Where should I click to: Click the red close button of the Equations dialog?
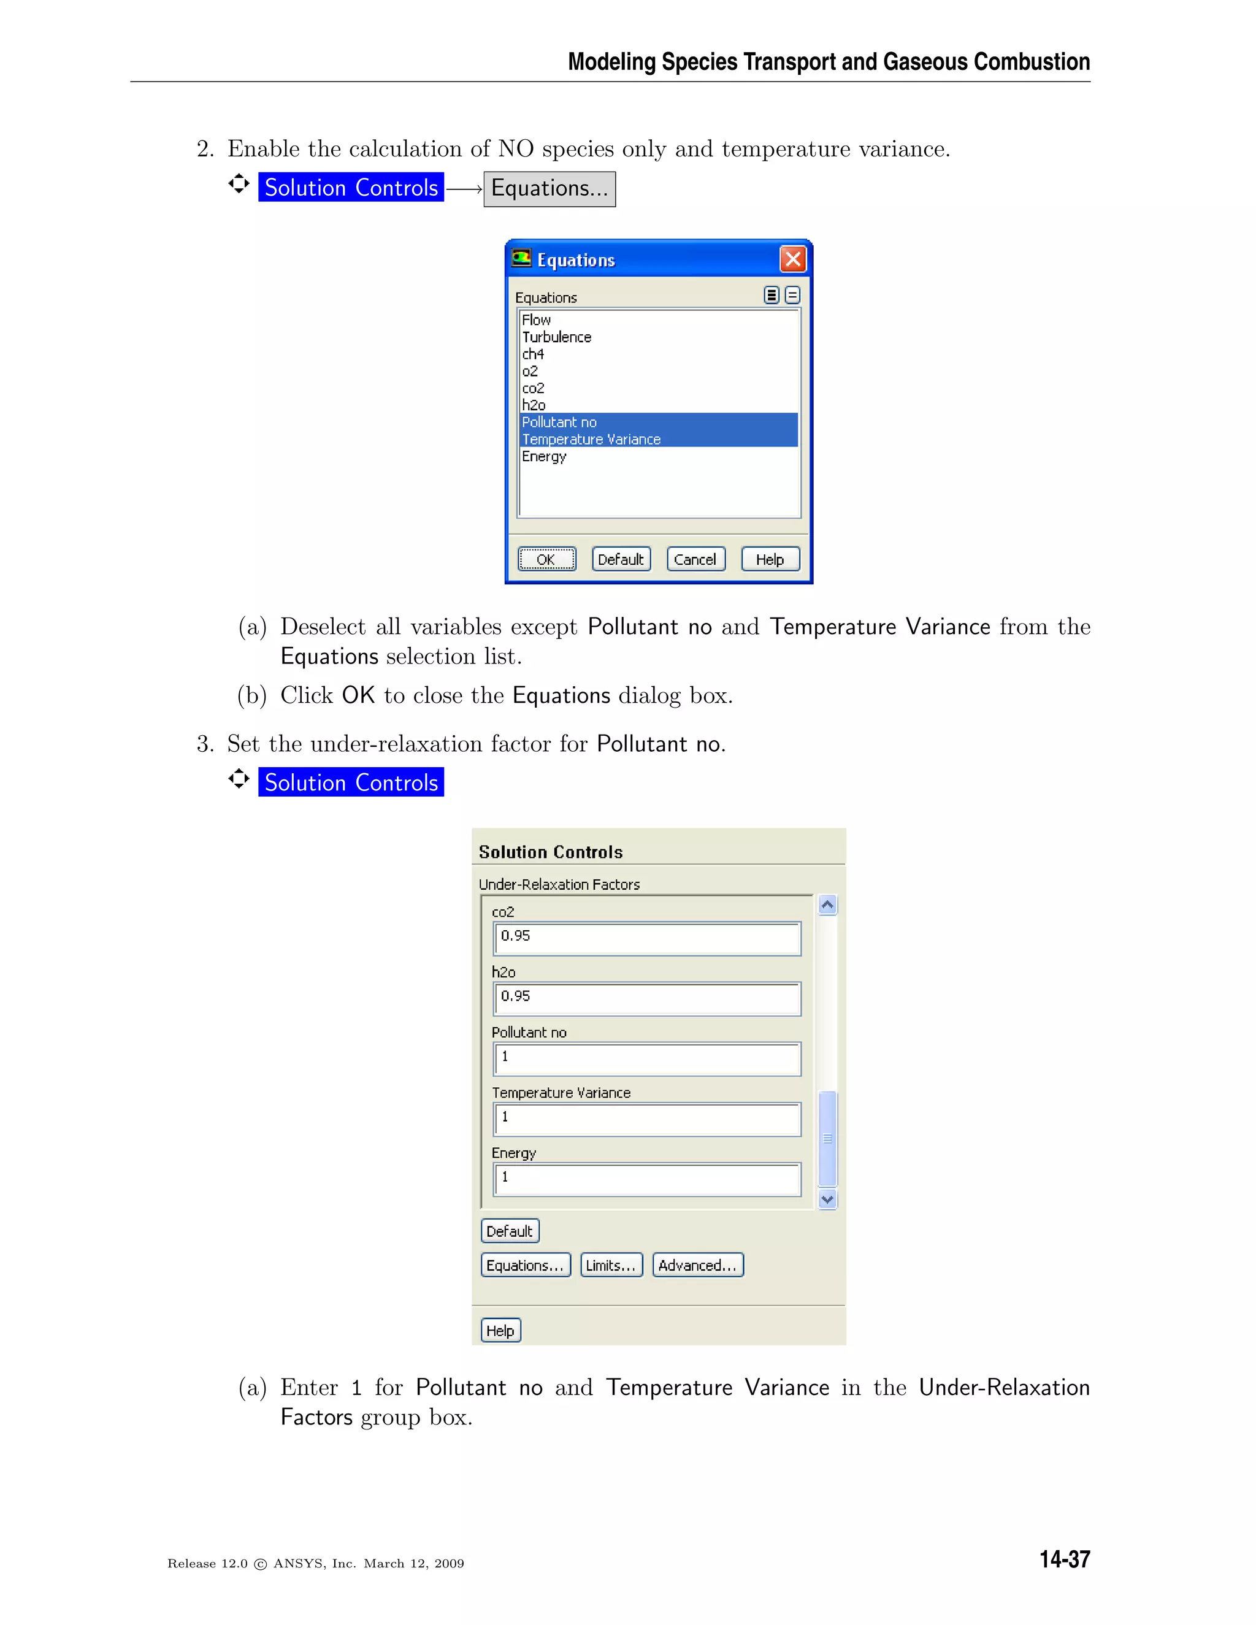(792, 259)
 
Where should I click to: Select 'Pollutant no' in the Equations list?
(559, 422)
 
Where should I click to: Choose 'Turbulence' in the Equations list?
(557, 337)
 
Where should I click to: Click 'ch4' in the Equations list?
(533, 354)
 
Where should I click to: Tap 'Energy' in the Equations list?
(544, 456)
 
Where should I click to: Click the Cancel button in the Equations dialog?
(695, 559)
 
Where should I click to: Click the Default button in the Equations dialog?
(621, 559)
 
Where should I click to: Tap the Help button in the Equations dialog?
(770, 559)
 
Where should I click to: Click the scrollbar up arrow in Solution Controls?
(827, 904)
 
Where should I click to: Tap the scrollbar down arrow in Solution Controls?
(827, 1199)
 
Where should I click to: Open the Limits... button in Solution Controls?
(611, 1265)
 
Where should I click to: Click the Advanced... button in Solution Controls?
(697, 1265)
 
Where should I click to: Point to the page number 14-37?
(1064, 1559)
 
